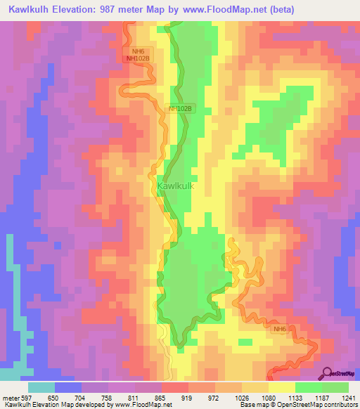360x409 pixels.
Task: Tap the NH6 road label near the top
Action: [137, 51]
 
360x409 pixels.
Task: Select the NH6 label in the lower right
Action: [281, 329]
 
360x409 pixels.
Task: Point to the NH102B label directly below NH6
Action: [137, 59]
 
